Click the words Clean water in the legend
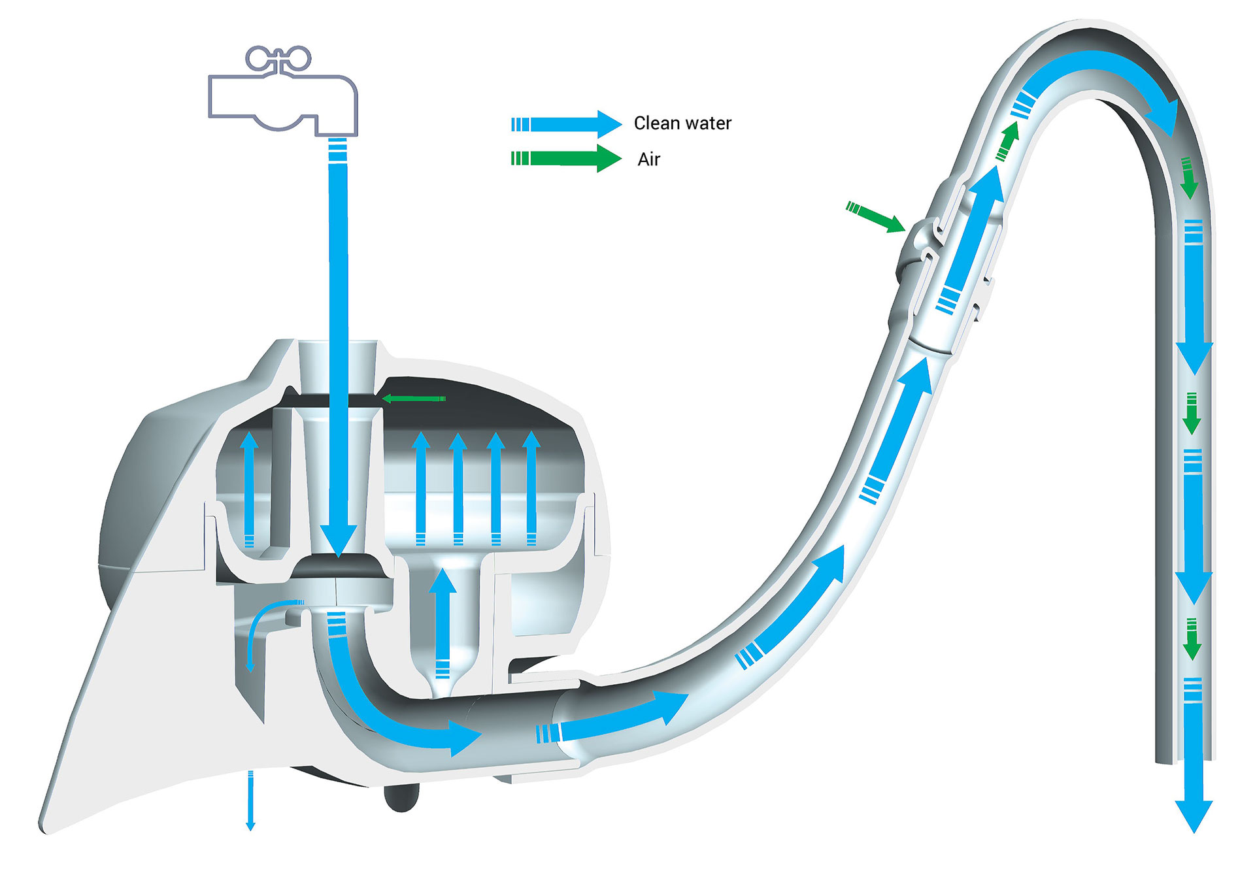[682, 123]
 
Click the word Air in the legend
[649, 159]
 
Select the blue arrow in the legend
[566, 124]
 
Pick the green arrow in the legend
[566, 158]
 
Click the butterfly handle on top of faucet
[278, 58]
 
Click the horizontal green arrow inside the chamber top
[413, 399]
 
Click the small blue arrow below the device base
[250, 800]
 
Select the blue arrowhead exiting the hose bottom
[1194, 815]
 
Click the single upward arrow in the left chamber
[248, 489]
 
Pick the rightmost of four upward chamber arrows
[531, 487]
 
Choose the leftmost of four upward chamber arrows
[421, 487]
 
